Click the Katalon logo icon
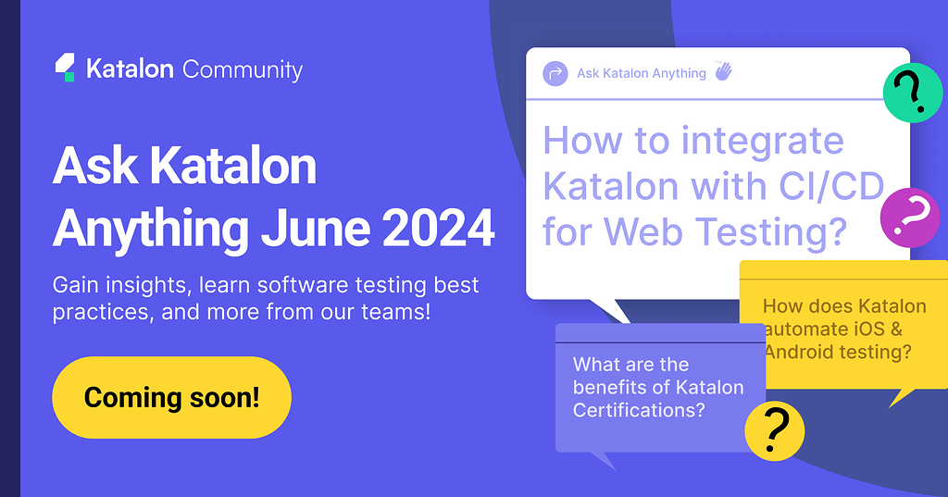coord(65,68)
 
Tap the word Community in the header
coord(243,70)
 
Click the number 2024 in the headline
coord(438,229)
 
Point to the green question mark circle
coord(912,93)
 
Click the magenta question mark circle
coord(910,217)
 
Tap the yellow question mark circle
coord(775,431)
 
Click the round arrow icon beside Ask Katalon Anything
coord(555,74)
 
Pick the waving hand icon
coord(723,71)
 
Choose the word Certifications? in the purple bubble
coord(639,411)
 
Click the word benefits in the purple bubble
coord(607,388)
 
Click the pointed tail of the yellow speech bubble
coord(892,406)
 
